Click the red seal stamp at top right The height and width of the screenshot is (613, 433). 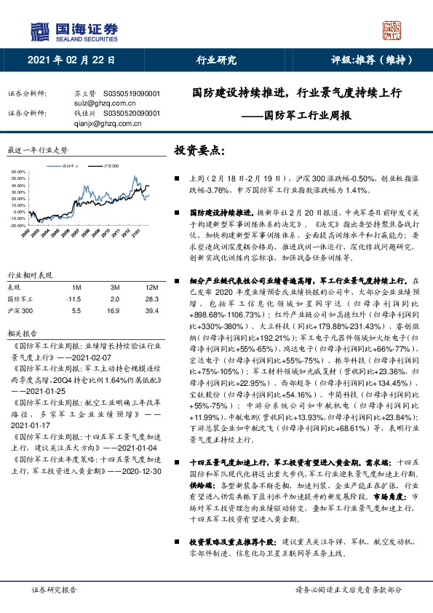tap(391, 30)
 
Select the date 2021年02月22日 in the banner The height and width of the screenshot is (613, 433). tap(71, 61)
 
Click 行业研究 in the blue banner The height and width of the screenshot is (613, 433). tap(217, 61)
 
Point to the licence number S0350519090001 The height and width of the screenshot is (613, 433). tap(132, 94)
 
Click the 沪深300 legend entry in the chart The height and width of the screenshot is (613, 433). tap(111, 167)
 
